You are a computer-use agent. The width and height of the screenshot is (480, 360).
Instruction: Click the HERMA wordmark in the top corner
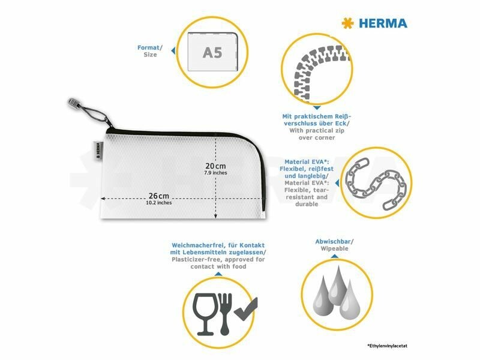[383, 23]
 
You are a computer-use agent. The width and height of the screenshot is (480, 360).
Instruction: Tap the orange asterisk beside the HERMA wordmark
[348, 23]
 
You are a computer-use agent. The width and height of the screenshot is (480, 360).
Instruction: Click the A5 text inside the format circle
[212, 53]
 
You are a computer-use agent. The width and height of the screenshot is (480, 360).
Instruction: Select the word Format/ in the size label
[149, 48]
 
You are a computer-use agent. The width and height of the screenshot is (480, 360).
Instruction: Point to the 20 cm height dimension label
[215, 166]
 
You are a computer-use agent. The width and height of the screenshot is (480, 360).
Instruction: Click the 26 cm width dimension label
[159, 196]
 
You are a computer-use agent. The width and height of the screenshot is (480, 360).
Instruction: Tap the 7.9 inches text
[215, 173]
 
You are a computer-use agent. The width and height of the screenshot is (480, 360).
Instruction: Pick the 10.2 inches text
[158, 203]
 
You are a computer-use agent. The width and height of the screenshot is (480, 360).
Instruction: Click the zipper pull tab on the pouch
[73, 103]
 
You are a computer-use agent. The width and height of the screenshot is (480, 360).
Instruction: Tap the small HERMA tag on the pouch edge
[98, 151]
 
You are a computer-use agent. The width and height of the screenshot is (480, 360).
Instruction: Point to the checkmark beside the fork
[246, 309]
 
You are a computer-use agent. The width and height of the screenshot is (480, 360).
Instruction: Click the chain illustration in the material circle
[376, 184]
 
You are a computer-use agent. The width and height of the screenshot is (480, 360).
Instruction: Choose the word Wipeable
[335, 248]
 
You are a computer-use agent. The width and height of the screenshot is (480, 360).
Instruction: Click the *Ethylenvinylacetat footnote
[387, 346]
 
